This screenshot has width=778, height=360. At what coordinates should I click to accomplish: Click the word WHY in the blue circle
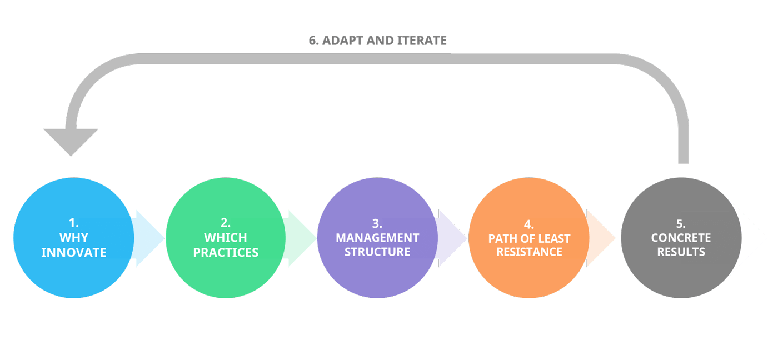pyautogui.click(x=74, y=238)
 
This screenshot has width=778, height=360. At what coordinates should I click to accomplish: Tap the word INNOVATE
pyautogui.click(x=74, y=252)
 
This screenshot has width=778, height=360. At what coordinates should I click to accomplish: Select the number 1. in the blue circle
pyautogui.click(x=74, y=223)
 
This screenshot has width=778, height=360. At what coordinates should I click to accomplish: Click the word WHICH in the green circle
pyautogui.click(x=226, y=238)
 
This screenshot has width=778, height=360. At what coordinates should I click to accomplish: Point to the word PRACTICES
pyautogui.click(x=226, y=252)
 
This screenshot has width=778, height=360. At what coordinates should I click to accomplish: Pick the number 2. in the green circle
pyautogui.click(x=226, y=223)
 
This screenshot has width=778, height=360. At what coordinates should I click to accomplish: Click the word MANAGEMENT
pyautogui.click(x=377, y=238)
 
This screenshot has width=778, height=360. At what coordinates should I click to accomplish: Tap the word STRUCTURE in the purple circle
pyautogui.click(x=377, y=252)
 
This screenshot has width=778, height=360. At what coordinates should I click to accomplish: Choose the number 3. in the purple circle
pyautogui.click(x=377, y=223)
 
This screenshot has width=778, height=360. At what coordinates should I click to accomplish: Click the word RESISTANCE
pyautogui.click(x=529, y=252)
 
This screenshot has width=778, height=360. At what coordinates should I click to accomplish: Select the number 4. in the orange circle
pyautogui.click(x=529, y=224)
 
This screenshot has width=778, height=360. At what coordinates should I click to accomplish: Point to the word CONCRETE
pyautogui.click(x=681, y=238)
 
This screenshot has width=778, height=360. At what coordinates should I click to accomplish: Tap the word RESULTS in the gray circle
pyautogui.click(x=681, y=252)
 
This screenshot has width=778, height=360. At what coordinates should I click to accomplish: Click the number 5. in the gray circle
pyautogui.click(x=681, y=223)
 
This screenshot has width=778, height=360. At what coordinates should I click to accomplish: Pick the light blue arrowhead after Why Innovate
pyautogui.click(x=149, y=238)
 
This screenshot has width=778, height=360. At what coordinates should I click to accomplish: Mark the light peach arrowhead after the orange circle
pyautogui.click(x=601, y=238)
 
